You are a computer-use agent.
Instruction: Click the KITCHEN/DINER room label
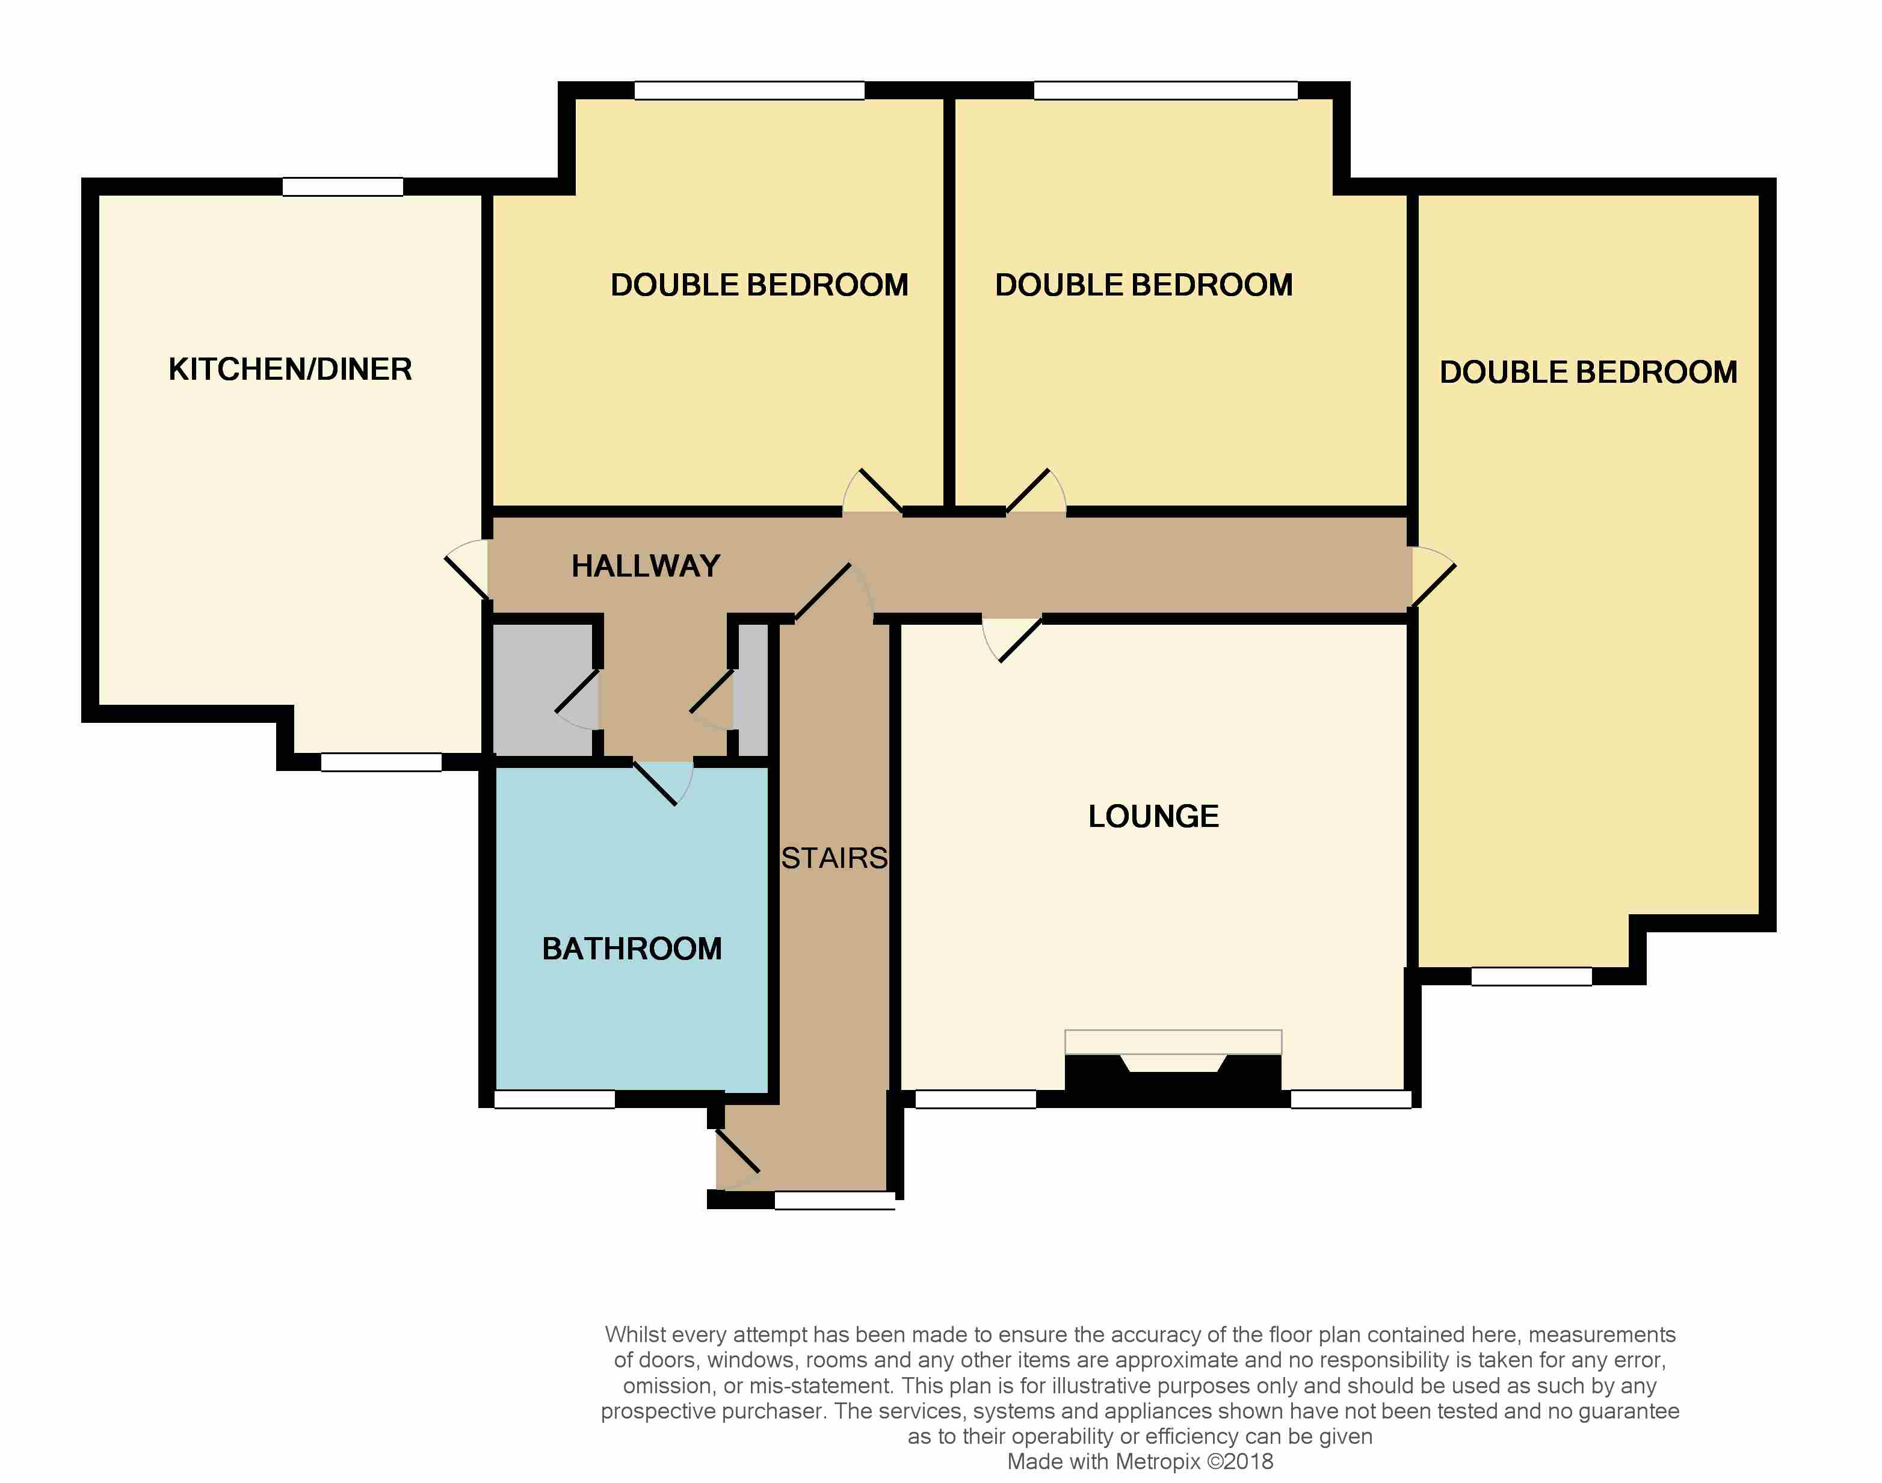pos(290,369)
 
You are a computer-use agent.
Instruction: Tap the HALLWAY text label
pos(646,566)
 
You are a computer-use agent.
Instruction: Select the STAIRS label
pos(835,858)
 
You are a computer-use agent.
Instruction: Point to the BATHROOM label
pos(632,948)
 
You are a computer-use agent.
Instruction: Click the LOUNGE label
pos(1153,816)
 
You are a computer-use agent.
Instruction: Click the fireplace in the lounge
pos(1173,1067)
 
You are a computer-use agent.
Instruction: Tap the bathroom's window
pos(555,1099)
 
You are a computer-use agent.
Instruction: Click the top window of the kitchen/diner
pos(343,187)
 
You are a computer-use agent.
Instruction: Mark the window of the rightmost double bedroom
pos(1531,976)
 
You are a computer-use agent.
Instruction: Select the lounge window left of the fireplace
pos(976,1099)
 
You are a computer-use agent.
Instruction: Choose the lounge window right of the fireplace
pos(1351,1099)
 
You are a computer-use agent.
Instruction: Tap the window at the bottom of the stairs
pos(835,1201)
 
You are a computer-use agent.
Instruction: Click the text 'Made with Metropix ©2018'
pos(1140,1462)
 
